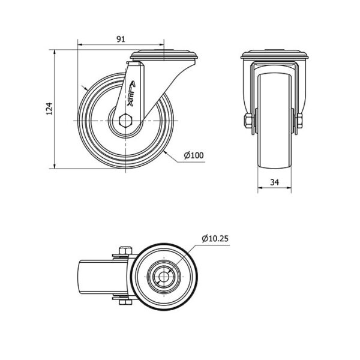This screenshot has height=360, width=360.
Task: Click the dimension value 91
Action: click(x=121, y=39)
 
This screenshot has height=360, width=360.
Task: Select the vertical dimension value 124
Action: click(x=50, y=109)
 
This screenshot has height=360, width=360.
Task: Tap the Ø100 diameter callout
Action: click(x=194, y=155)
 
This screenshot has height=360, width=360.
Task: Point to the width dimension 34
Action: click(x=274, y=182)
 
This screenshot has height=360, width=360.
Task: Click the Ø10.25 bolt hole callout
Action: click(x=215, y=239)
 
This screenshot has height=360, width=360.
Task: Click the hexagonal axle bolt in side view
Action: click(x=125, y=120)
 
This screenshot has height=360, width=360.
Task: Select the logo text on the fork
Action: click(x=131, y=93)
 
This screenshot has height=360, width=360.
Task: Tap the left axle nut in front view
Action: click(x=248, y=121)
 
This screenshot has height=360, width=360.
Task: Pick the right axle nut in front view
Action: click(x=299, y=121)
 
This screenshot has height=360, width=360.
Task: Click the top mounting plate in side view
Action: click(x=164, y=55)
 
